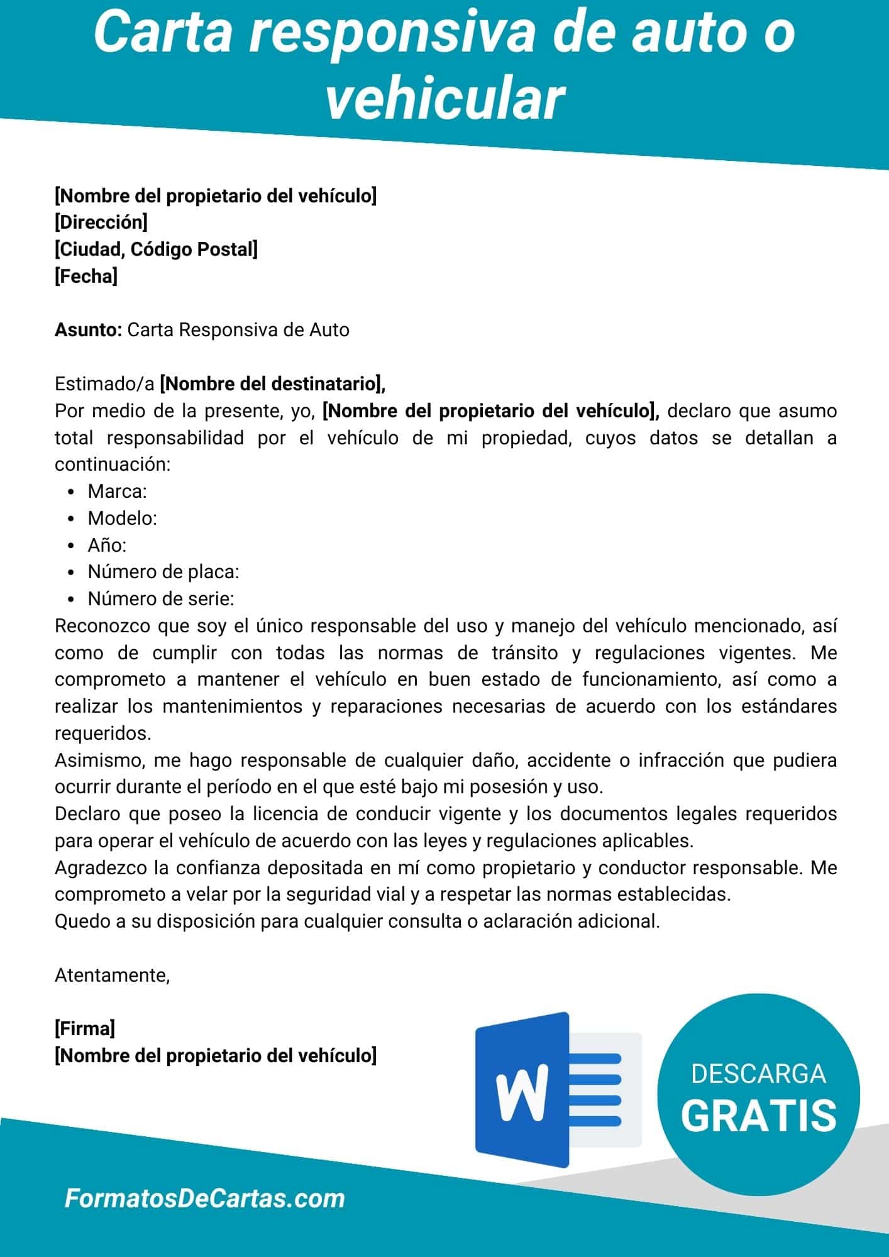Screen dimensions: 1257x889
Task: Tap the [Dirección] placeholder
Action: [101, 222]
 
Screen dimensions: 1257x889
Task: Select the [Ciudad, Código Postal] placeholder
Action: [156, 250]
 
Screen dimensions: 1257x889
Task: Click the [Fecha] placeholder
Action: [86, 277]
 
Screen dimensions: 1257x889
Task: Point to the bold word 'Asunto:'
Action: [88, 330]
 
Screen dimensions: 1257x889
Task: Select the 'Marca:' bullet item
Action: [117, 491]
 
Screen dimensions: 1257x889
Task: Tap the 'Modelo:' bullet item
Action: [122, 518]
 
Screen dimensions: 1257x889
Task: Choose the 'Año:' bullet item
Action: [107, 545]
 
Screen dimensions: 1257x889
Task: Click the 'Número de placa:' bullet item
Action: [163, 572]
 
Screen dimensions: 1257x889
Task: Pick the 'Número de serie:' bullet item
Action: [160, 599]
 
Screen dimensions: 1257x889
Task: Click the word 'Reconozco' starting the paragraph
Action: [102, 626]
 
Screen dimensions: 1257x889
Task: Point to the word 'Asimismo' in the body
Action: [100, 760]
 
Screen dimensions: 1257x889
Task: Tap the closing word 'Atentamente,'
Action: [113, 975]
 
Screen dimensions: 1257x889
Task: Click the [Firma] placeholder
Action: [85, 1029]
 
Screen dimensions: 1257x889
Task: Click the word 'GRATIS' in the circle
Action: [758, 1116]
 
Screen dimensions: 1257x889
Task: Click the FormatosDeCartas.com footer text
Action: [205, 1199]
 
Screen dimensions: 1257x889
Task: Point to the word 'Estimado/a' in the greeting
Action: [104, 383]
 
